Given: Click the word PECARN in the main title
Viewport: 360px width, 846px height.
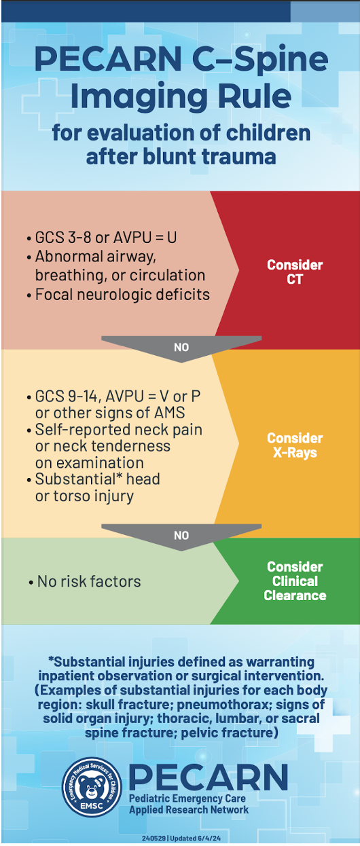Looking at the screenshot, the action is coord(108,59).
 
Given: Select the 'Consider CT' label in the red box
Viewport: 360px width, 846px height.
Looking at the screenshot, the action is coord(295,272).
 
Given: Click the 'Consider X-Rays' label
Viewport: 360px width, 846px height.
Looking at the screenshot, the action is coord(295,445).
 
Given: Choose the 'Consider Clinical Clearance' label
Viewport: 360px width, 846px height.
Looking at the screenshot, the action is coord(295,581).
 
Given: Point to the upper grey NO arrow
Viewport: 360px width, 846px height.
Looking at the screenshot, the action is coord(181,348).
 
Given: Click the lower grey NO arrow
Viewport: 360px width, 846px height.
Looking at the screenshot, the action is coord(181,536).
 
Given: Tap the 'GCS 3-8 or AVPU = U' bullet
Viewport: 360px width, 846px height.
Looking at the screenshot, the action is coord(102,238).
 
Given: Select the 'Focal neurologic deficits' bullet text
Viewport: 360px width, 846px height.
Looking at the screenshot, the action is coord(118,295).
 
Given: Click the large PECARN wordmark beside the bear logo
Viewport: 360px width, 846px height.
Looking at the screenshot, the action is coord(209,777).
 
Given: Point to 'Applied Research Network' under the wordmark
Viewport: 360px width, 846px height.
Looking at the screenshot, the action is coord(189,810).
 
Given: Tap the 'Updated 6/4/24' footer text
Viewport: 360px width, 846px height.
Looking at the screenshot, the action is coord(196,838).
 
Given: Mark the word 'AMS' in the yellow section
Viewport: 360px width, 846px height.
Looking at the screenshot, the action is coord(169,413).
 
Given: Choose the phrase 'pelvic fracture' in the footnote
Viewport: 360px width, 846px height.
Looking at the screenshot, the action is coord(230,733).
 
